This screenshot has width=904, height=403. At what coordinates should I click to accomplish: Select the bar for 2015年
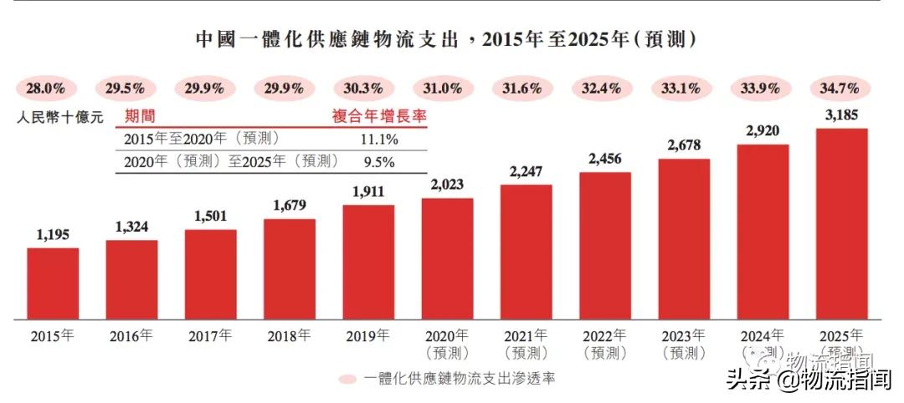53,284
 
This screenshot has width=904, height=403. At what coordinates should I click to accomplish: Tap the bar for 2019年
368,263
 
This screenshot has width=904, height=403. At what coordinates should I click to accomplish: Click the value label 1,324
131,227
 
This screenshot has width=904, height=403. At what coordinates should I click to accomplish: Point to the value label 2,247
526,171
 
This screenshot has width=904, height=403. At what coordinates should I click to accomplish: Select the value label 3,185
841,115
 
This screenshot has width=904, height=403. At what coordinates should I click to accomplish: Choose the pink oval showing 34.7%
841,88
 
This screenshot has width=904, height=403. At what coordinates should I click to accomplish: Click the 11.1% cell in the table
378,139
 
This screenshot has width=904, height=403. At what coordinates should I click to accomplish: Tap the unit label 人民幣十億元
59,118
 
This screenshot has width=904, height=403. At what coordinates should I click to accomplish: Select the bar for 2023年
684,239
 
